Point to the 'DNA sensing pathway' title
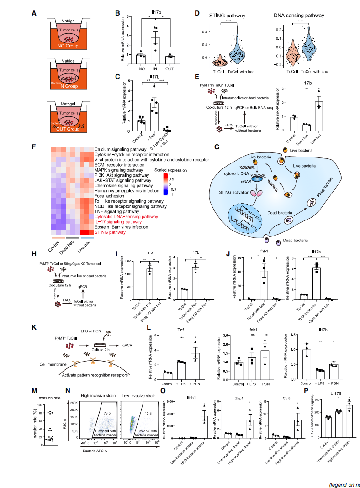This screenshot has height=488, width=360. point(299,16)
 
